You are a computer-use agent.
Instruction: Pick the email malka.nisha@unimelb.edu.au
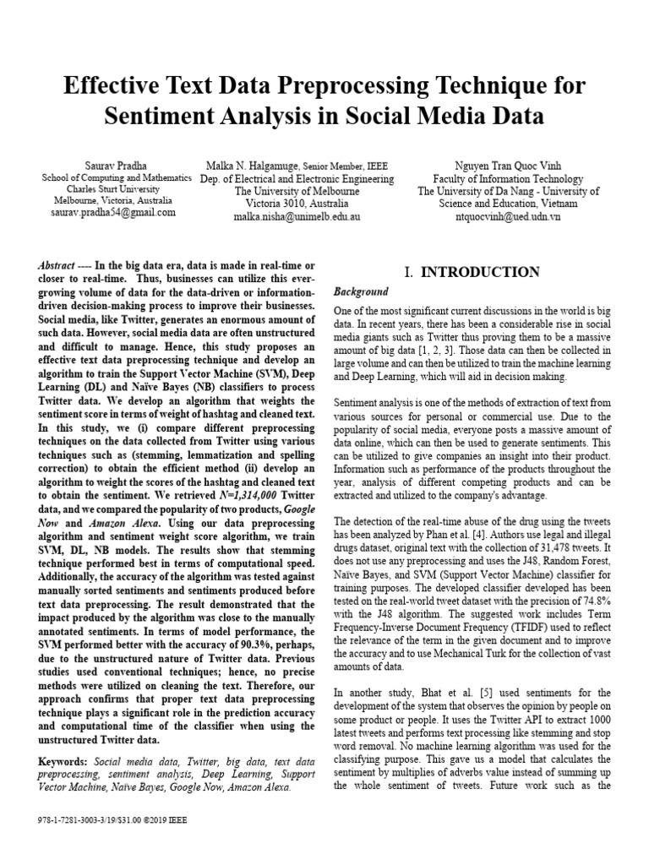pyautogui.click(x=297, y=216)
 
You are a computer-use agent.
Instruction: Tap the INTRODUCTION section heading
pyautogui.click(x=480, y=272)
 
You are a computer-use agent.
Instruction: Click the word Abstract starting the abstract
pyautogui.click(x=60, y=265)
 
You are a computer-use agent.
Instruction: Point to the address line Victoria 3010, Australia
pyautogui.click(x=297, y=204)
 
